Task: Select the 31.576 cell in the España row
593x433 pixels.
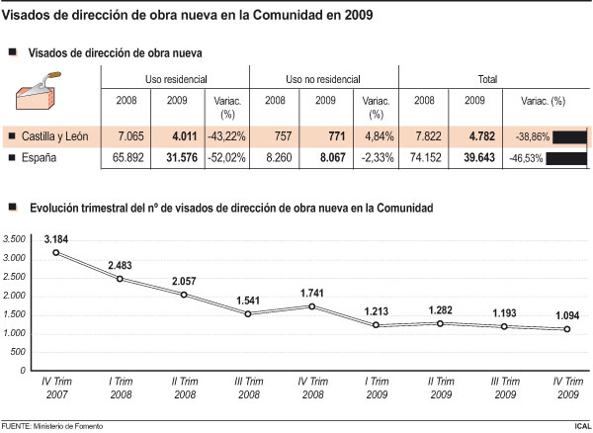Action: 179,157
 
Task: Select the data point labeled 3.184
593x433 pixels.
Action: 56,252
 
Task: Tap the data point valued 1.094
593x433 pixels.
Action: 566,329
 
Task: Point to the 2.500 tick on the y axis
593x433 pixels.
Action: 13,277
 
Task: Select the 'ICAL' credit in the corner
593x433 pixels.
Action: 580,425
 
